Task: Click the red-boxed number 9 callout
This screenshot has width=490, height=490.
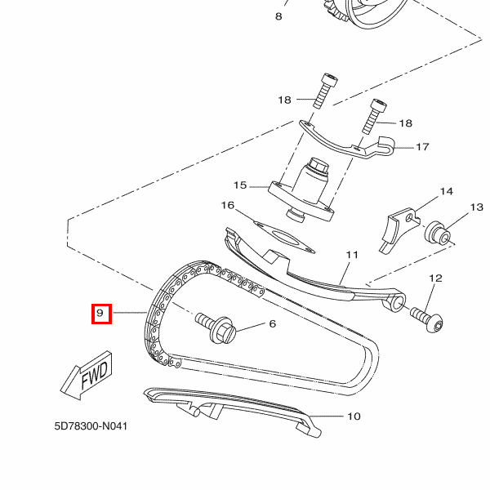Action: [100, 313]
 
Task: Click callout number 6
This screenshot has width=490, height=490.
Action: [272, 324]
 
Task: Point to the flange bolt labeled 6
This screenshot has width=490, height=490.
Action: [216, 328]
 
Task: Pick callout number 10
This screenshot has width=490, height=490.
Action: [353, 416]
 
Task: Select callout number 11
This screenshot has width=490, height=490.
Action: [351, 256]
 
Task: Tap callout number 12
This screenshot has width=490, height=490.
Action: [434, 278]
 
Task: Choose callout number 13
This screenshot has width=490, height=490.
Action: [476, 208]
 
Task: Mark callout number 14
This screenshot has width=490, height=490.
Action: [446, 192]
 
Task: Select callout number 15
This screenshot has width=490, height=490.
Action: [240, 185]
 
